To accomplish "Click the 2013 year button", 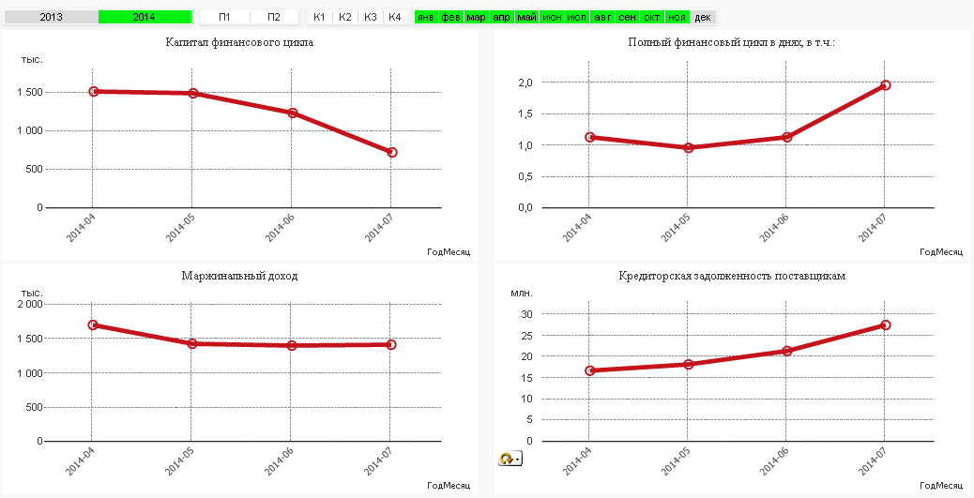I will click(51, 17).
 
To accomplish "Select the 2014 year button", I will click(144, 17).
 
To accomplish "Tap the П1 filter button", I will click(224, 17).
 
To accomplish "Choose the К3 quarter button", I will click(370, 17).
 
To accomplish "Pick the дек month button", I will click(703, 17).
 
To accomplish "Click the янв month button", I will click(426, 17).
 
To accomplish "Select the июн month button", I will click(552, 17).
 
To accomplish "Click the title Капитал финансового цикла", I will click(239, 42).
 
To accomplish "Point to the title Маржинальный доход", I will click(239, 276).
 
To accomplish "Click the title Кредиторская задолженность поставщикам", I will click(732, 276).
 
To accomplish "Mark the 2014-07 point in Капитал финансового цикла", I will click(391, 152).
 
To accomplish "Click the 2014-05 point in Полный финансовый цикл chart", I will click(688, 147).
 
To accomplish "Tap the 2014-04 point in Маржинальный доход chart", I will click(92, 325).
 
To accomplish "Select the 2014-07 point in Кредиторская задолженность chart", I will click(885, 325).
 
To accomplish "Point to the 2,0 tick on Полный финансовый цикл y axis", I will click(525, 83).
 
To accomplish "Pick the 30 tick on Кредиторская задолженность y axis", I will click(527, 314).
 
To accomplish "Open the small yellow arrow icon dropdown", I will click(510, 459).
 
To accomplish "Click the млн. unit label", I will click(521, 293).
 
